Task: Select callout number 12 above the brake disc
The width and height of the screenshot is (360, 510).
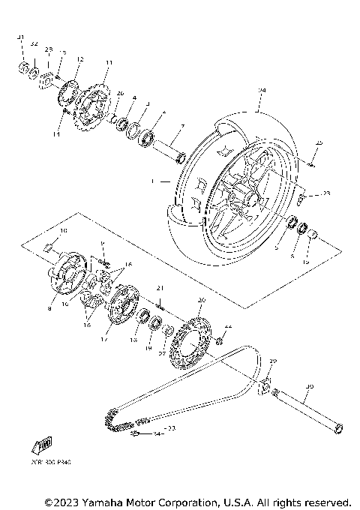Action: tap(79, 59)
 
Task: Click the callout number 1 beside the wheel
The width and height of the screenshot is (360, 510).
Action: tap(152, 181)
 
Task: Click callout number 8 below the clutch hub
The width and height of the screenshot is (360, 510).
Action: tap(50, 307)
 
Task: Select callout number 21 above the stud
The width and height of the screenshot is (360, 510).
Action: tap(160, 288)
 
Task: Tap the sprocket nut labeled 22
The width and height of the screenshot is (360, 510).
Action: tap(220, 342)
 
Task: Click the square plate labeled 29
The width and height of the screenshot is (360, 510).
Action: tap(265, 388)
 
